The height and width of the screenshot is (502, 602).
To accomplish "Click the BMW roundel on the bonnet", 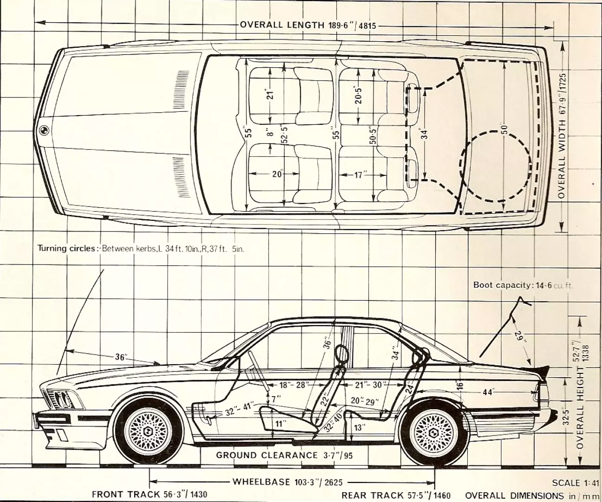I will [43, 131].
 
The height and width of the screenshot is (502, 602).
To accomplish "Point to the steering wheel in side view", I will [256, 366].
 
